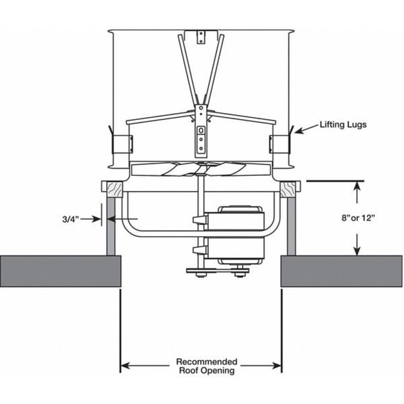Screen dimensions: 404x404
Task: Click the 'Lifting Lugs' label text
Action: pos(344,126)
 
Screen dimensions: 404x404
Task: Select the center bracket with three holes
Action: pos(201,138)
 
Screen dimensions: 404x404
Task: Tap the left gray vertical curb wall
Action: pos(110,226)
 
